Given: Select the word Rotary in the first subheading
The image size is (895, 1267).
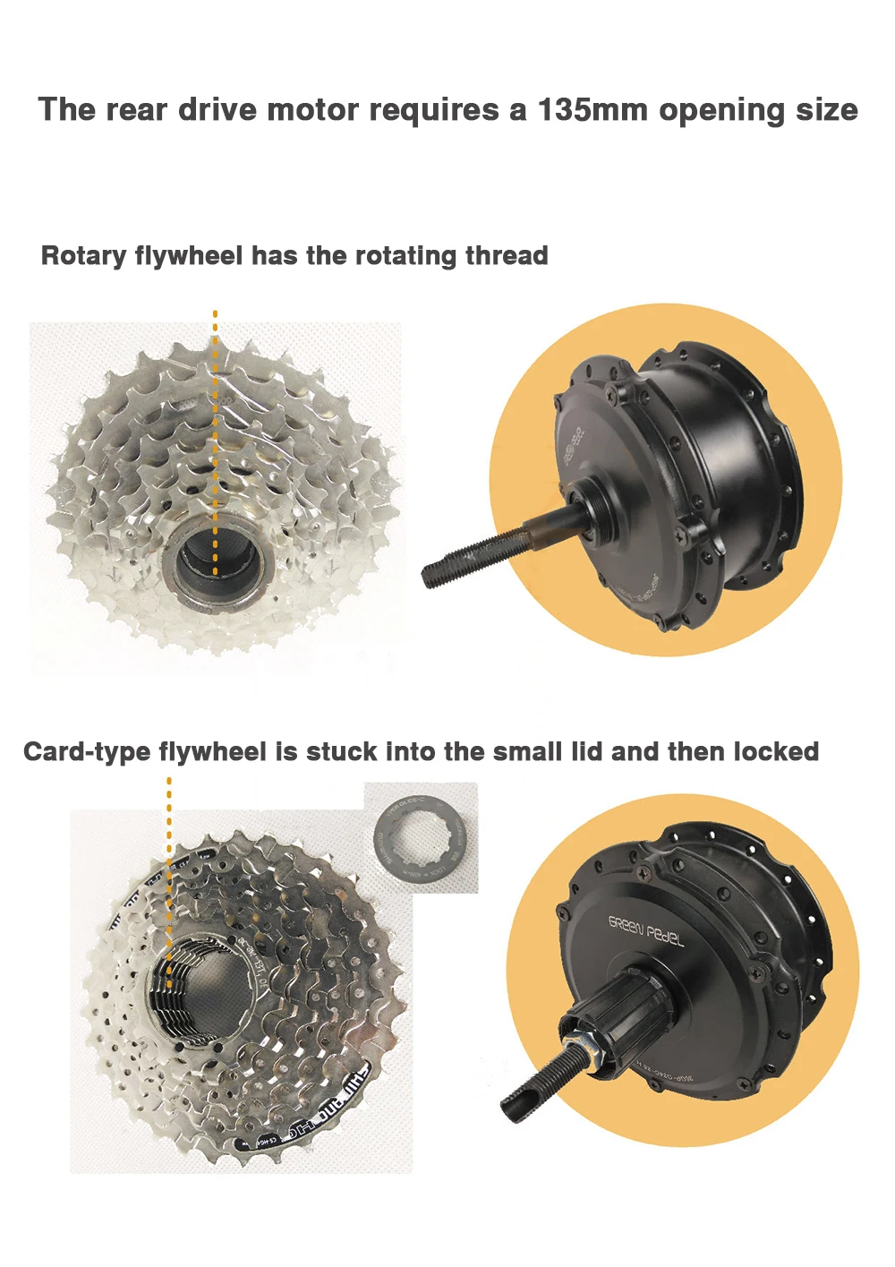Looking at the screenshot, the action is click(83, 256).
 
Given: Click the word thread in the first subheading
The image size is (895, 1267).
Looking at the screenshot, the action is click(506, 256).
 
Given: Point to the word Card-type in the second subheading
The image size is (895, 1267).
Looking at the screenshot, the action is click(87, 751).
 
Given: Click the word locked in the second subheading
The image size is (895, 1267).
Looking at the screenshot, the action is click(776, 751).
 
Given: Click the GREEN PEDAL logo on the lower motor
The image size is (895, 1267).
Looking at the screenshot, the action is click(645, 931).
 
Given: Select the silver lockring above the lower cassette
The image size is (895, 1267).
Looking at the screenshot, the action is click(421, 836).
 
